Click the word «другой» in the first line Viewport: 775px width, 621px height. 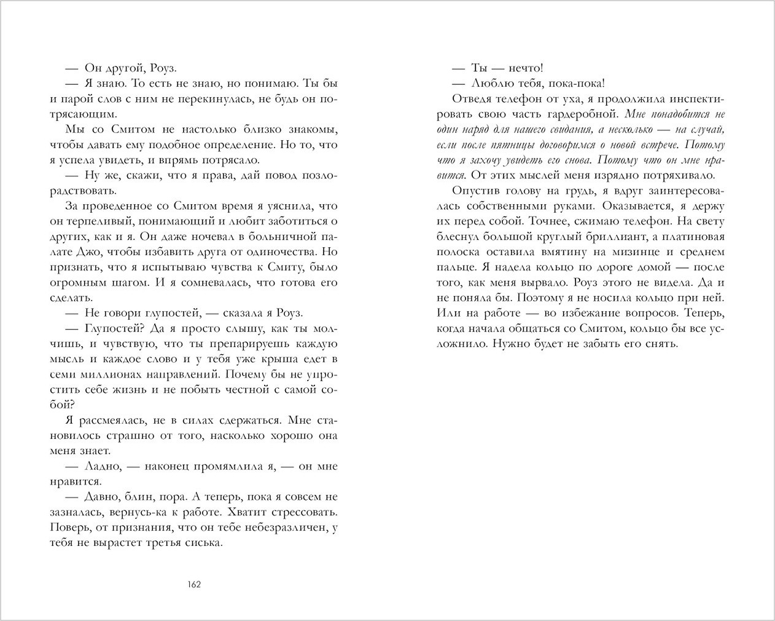coord(118,68)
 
